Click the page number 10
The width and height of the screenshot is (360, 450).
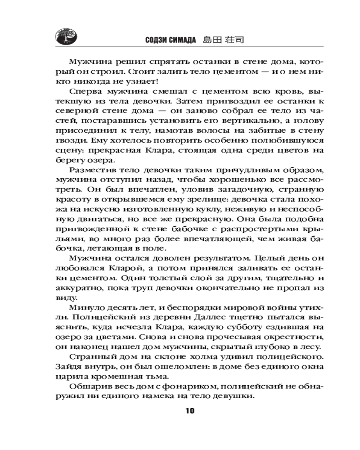189,410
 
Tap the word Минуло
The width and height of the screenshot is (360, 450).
83,307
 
